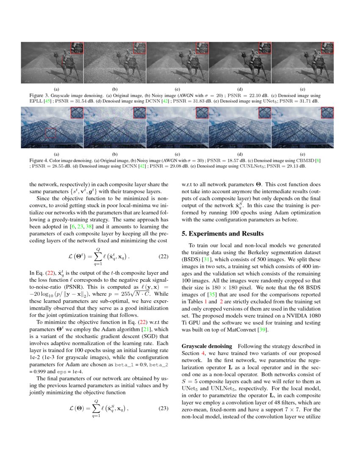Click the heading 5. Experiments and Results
pyautogui.click(x=222, y=233)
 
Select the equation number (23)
pyautogui.click(x=163, y=408)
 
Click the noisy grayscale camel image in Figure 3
pyautogui.click(x=114, y=63)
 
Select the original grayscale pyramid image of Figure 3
pyautogui.click(x=52, y=63)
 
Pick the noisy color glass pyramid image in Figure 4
pyautogui.click(x=114, y=127)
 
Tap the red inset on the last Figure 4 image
pyautogui.click(x=327, y=112)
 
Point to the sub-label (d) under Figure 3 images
pyautogui.click(x=240, y=90)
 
